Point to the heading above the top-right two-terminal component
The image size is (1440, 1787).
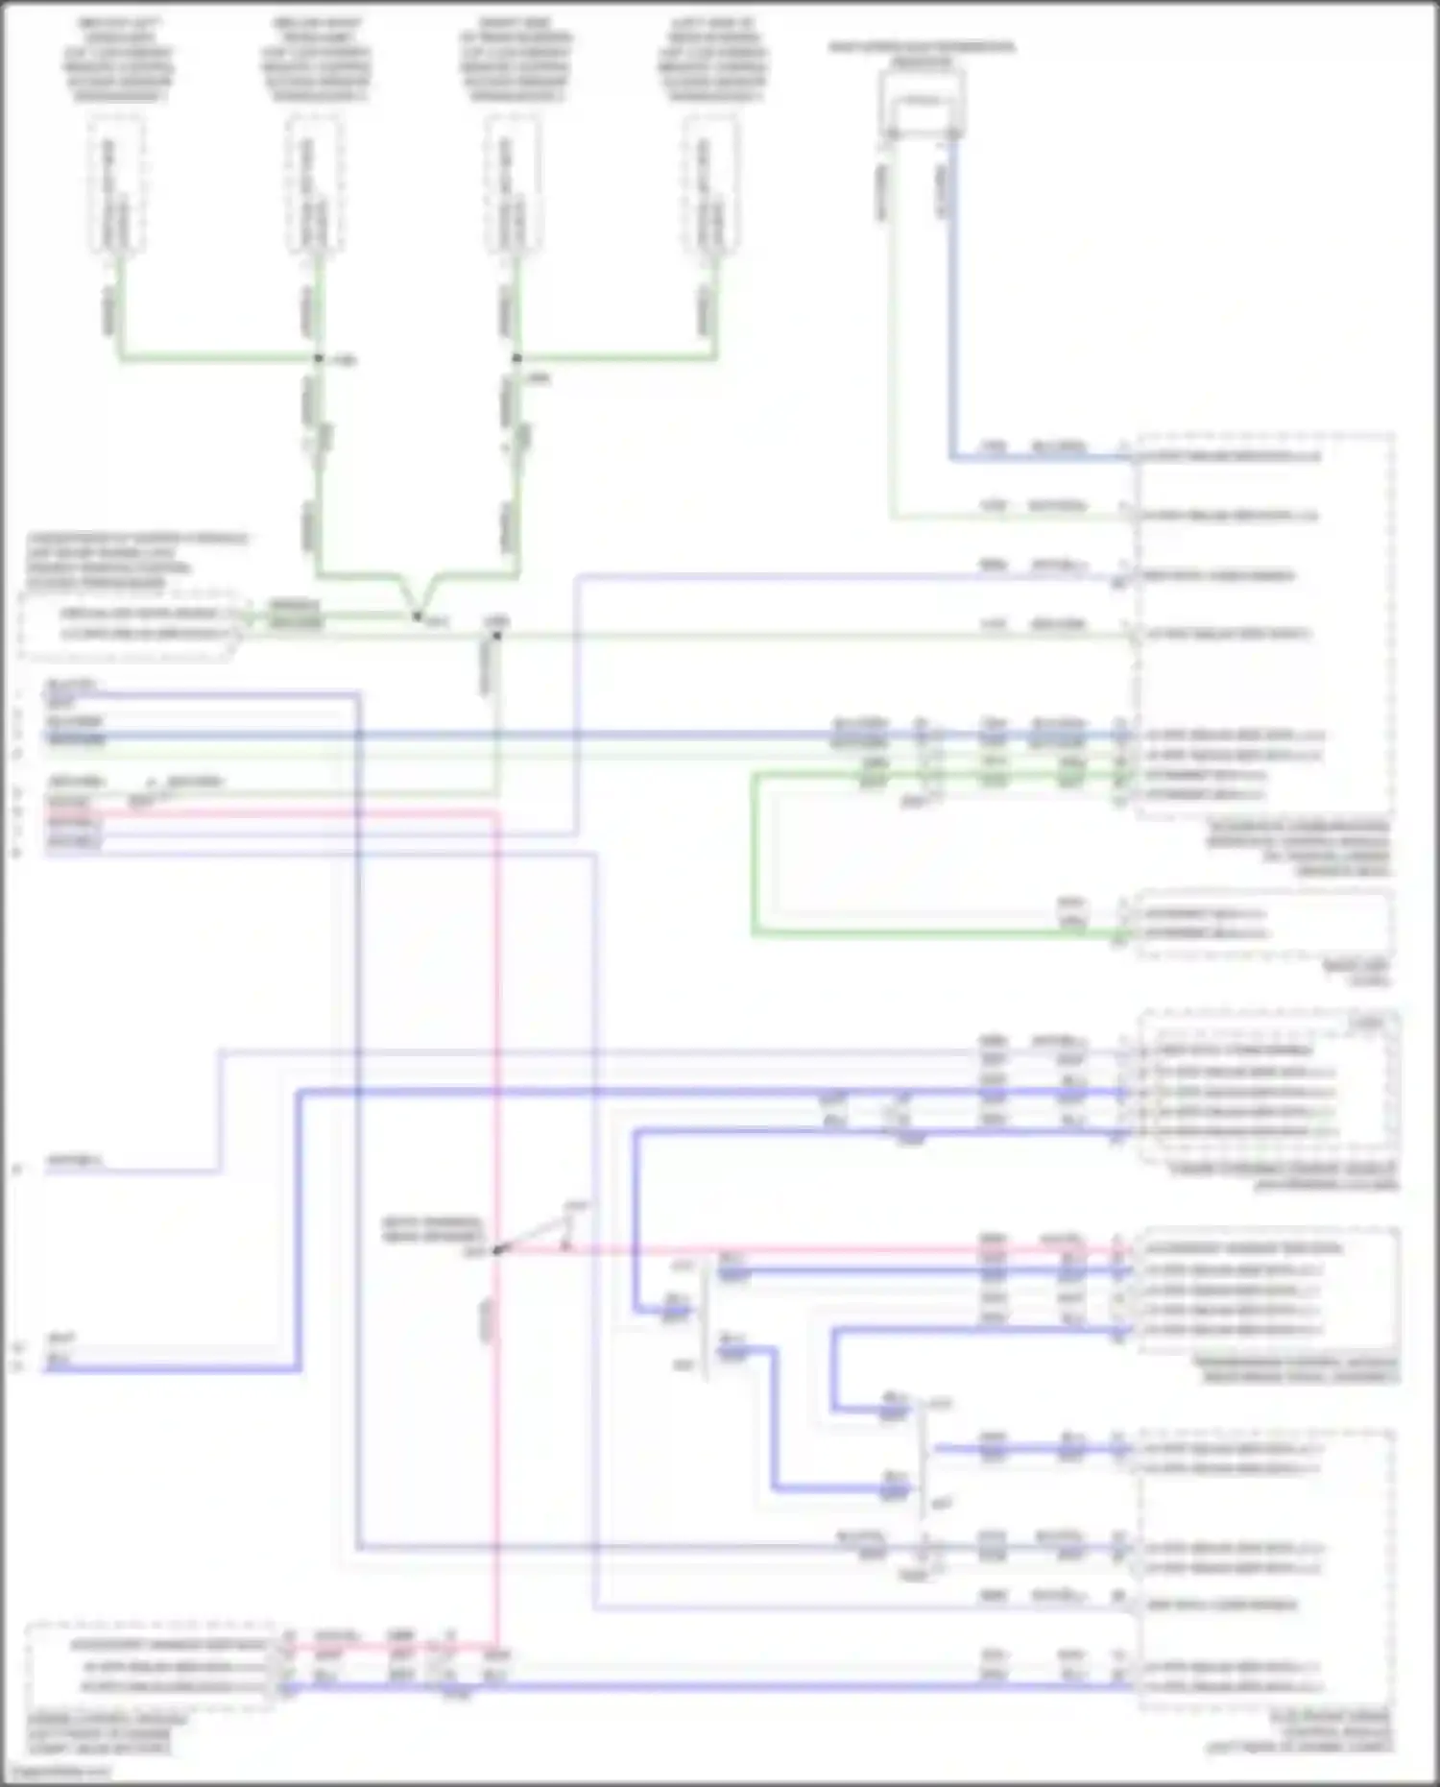[922, 54]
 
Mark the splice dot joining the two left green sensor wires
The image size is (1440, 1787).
[319, 358]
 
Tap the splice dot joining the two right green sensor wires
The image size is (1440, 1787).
[516, 358]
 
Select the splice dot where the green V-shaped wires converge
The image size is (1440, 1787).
[418, 616]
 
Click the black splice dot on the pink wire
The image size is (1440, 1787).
[496, 1250]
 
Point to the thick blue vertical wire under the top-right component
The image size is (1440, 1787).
[952, 307]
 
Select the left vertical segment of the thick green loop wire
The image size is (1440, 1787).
[755, 855]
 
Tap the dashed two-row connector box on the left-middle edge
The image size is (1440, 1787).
[128, 624]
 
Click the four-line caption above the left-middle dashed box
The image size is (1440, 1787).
[134, 561]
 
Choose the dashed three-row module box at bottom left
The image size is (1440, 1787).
[149, 1667]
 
